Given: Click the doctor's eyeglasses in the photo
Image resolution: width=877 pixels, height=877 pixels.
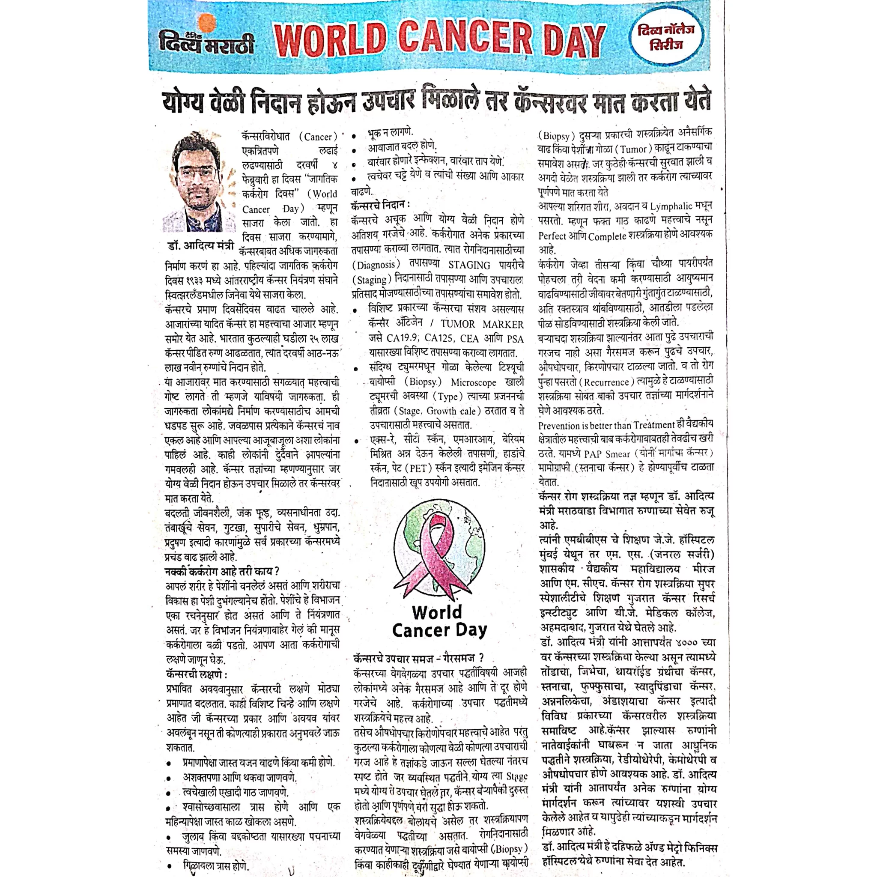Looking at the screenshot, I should point(197,173).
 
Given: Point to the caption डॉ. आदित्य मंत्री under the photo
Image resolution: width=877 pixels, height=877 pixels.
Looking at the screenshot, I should point(201,245).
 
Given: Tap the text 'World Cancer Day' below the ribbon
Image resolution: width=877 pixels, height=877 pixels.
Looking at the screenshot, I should point(439,621).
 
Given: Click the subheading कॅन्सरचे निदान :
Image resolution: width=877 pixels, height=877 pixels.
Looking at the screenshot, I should point(380,206).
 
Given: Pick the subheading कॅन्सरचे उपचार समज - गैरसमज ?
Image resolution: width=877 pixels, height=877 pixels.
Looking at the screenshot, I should point(418,658).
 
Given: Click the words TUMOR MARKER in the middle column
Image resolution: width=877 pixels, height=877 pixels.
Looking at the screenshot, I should point(482,324).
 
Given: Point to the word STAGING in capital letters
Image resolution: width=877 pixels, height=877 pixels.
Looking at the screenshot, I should point(469,265).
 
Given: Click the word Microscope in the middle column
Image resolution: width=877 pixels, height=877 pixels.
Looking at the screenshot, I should point(474,383).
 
